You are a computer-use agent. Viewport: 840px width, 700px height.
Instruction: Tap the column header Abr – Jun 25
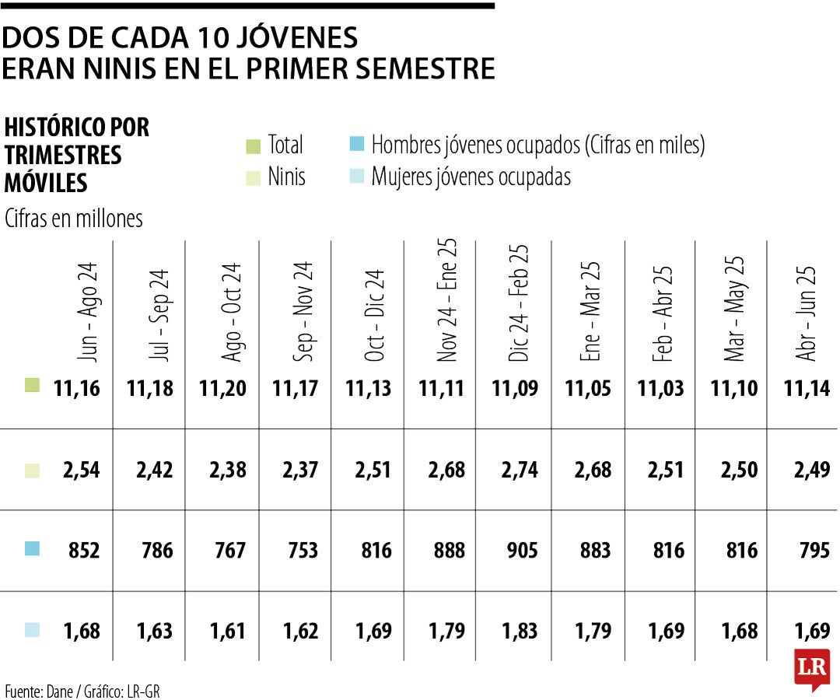pyautogui.click(x=807, y=312)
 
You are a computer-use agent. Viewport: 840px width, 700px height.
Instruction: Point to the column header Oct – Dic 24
pyautogui.click(x=375, y=315)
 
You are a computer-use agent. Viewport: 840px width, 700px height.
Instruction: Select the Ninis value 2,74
pyautogui.click(x=515, y=471)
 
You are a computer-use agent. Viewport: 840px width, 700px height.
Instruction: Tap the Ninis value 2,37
pyautogui.click(x=296, y=471)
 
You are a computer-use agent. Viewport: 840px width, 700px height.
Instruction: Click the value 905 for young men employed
pyautogui.click(x=515, y=551)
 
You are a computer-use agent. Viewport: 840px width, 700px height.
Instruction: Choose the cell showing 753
pyautogui.click(x=296, y=551)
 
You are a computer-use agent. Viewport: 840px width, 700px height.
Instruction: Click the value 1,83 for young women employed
pyautogui.click(x=515, y=631)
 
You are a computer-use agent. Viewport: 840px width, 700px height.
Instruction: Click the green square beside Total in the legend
pyautogui.click(x=252, y=146)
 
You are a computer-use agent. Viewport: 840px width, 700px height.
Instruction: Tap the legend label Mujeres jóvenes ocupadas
pyautogui.click(x=471, y=177)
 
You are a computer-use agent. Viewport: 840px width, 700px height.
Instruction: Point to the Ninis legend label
pyautogui.click(x=286, y=177)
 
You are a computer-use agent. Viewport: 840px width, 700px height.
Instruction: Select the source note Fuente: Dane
pyautogui.click(x=44, y=691)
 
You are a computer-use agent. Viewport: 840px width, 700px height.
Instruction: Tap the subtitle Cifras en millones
pyautogui.click(x=74, y=219)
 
